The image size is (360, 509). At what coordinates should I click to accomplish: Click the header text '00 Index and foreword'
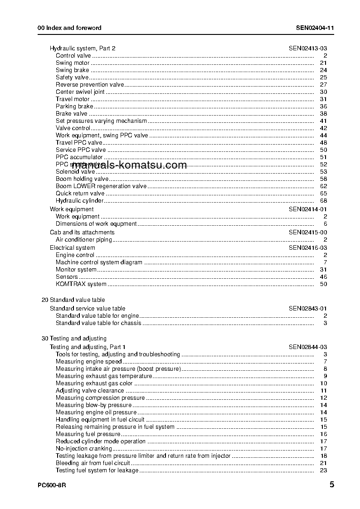(69, 28)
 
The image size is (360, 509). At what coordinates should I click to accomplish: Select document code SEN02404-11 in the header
(315, 28)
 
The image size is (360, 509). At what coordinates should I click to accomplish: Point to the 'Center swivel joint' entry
(80, 92)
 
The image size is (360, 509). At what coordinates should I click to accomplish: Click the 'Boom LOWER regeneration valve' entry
(101, 186)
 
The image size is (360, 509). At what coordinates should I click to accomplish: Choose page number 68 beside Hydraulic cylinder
(323, 200)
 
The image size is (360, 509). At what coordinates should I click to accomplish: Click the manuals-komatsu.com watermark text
(129, 165)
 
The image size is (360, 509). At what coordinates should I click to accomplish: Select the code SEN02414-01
(307, 209)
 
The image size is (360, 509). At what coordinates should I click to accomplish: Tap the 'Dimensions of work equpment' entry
(96, 223)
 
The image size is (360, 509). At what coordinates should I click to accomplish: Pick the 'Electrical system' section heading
(73, 247)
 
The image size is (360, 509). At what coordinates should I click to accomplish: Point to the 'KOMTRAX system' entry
(81, 284)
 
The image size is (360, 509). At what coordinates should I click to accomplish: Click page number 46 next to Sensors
(323, 276)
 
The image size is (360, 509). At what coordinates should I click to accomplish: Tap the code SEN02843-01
(307, 308)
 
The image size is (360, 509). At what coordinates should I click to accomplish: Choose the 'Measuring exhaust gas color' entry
(94, 383)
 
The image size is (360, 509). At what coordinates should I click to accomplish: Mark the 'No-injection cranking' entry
(83, 448)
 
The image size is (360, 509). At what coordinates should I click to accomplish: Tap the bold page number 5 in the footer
(332, 485)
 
